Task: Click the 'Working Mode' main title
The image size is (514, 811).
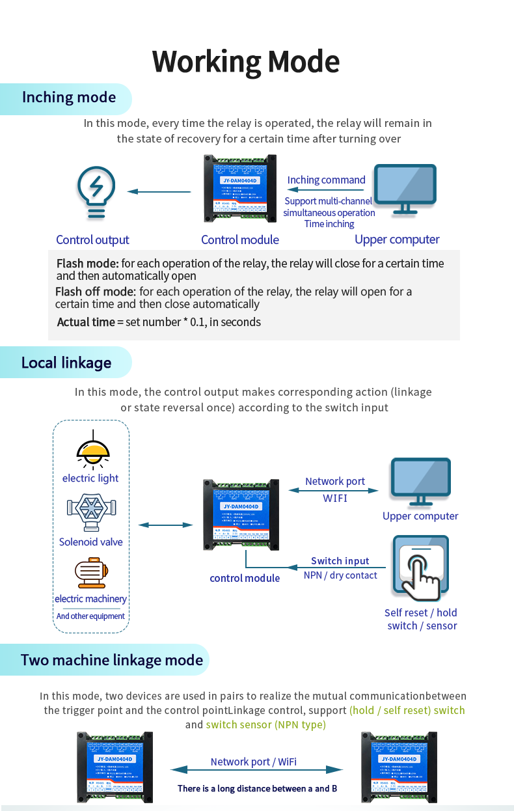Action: (x=246, y=62)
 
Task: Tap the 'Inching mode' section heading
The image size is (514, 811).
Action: (x=69, y=98)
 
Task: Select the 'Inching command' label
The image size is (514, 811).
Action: (x=327, y=180)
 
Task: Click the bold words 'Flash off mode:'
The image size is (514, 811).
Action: (x=96, y=292)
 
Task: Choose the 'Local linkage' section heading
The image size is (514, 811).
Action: (x=66, y=363)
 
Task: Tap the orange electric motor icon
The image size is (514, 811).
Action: (x=90, y=573)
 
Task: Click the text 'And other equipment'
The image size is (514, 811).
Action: (x=90, y=616)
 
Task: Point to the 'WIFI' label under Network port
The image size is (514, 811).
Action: (x=335, y=498)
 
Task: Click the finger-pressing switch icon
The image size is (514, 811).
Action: (x=420, y=567)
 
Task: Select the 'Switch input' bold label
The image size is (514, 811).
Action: (x=340, y=561)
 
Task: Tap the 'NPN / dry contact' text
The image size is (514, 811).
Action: (x=340, y=575)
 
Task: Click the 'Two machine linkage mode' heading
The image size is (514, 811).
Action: (x=112, y=661)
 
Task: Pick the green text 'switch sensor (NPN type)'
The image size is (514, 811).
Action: (x=265, y=724)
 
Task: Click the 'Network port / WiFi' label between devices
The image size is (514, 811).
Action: (x=254, y=762)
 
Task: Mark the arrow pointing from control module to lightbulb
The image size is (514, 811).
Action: (x=159, y=191)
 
